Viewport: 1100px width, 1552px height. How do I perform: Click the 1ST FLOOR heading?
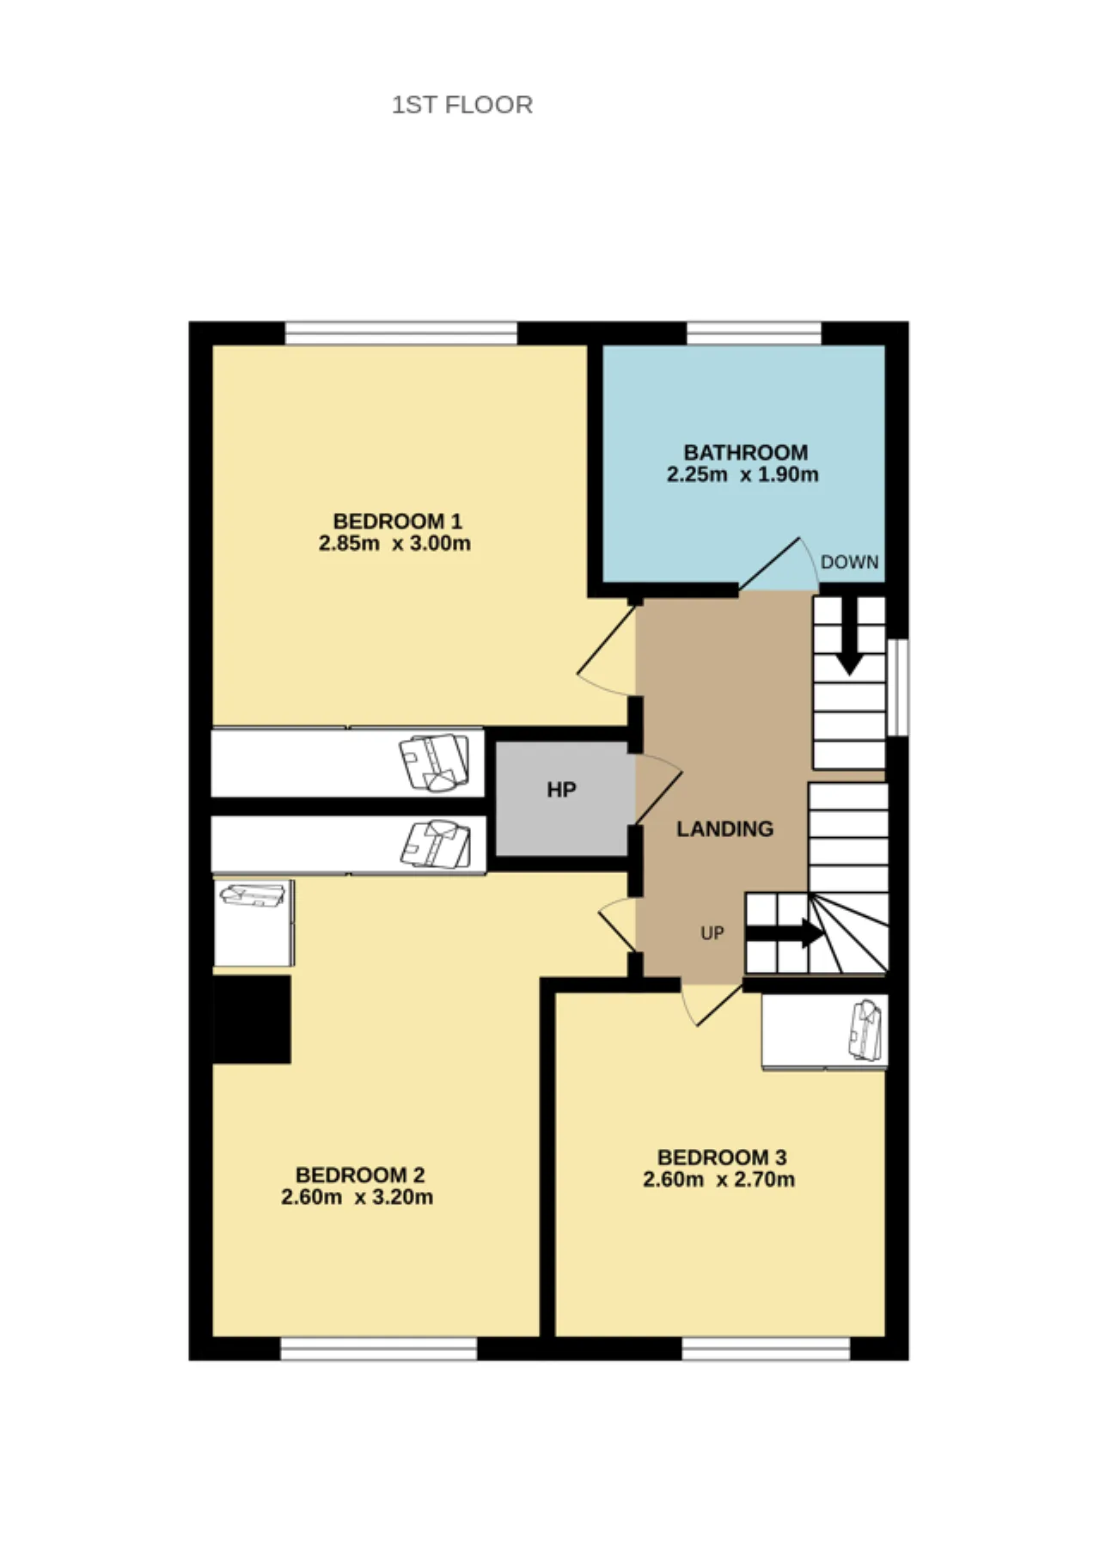462,105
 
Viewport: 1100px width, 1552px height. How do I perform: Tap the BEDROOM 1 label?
398,521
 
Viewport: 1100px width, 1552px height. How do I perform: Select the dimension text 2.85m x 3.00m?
394,543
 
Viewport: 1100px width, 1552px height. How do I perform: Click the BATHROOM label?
746,452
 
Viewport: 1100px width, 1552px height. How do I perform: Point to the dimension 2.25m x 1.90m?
742,474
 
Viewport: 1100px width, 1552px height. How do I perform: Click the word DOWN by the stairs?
850,562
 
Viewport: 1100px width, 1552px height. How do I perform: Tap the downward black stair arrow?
850,636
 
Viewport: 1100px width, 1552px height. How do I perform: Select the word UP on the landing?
712,933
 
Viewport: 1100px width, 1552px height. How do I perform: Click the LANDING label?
725,828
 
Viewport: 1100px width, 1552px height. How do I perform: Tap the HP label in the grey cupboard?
561,790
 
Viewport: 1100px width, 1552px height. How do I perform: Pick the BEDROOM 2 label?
360,1175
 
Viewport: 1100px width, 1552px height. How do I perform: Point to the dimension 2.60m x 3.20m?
357,1197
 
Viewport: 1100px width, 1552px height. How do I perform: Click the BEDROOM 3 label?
722,1158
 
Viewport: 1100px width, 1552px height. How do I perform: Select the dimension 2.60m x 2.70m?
718,1180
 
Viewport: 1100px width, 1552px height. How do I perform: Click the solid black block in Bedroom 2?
251,1019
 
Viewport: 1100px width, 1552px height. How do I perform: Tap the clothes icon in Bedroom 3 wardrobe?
867,1030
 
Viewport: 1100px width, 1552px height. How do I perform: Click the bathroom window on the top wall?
755,333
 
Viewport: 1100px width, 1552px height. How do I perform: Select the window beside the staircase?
897,687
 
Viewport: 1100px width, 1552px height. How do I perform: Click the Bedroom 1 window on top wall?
401,333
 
